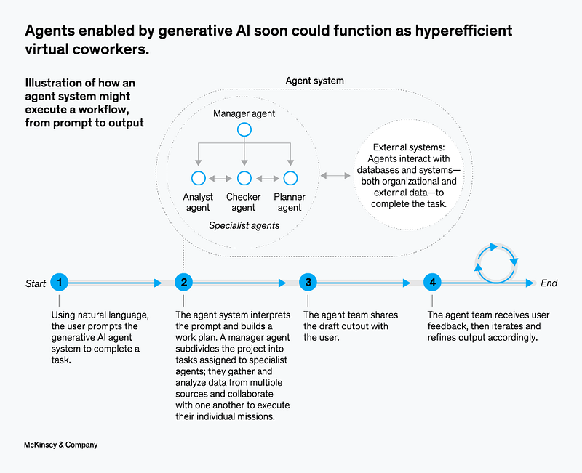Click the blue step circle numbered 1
pos(60,283)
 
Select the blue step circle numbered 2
pos(184,283)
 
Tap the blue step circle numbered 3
pos(308,283)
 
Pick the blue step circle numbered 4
pos(432,283)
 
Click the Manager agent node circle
pos(244,130)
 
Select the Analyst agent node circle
pos(199,178)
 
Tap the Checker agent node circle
pos(244,178)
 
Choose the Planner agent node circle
pos(290,178)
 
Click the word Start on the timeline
pos(35,283)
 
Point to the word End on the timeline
pos(549,283)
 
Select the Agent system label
pos(315,81)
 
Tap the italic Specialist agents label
pos(244,225)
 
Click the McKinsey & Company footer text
pos(61,445)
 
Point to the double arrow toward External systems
pos(335,176)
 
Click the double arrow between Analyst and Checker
pos(220,179)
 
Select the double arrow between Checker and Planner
pos(268,179)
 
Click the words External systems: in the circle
pos(409,147)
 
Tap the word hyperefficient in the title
pos(463,31)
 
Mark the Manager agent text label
pos(244,113)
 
